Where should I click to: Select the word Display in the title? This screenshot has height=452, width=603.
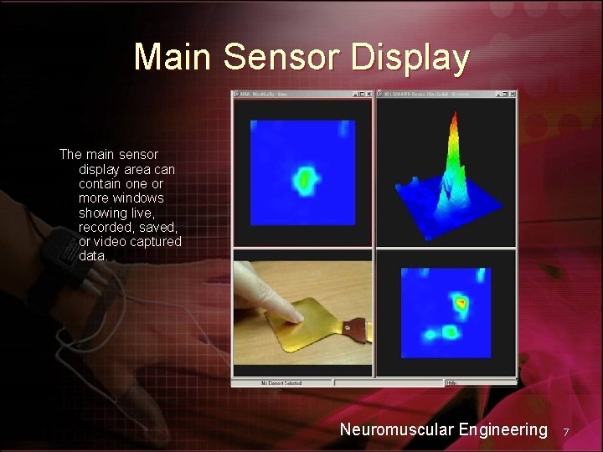410,57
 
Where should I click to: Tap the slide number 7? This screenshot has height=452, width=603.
566,432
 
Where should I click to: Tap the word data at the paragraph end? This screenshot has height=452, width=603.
92,255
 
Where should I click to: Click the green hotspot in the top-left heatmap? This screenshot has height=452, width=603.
303,179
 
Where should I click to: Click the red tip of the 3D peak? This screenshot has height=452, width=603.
453,117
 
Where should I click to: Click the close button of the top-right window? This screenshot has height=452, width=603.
512,95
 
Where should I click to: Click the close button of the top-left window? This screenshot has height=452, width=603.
368,95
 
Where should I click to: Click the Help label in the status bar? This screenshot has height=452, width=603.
452,383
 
